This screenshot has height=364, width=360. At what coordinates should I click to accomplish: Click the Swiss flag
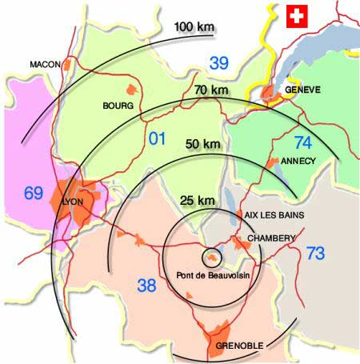point(297,14)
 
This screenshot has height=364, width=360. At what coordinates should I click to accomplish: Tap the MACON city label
point(46,64)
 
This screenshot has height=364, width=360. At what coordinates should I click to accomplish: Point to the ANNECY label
point(299,161)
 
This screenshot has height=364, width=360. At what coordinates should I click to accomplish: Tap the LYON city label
point(73,201)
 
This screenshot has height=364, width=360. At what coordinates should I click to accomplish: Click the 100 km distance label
point(194,28)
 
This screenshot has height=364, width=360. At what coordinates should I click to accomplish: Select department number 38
point(146,284)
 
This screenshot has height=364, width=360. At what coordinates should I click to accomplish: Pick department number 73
point(315,254)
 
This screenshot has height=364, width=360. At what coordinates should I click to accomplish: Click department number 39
point(218,62)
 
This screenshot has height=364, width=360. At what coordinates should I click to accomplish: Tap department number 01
point(158,137)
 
